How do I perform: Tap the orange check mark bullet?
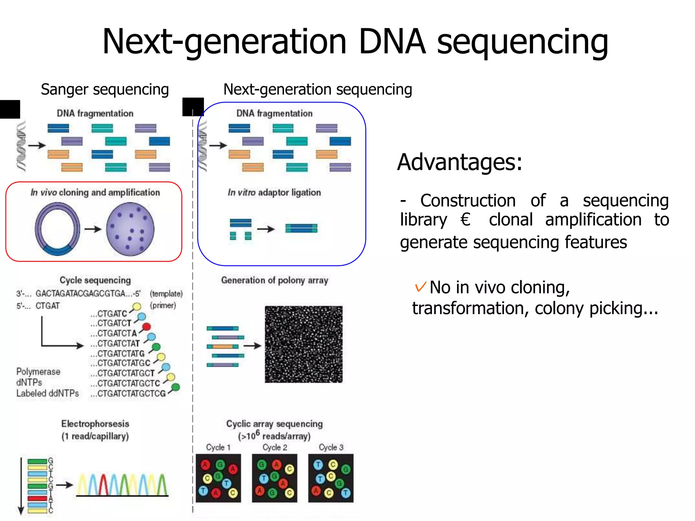click(x=420, y=287)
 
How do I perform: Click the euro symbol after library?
click(x=465, y=219)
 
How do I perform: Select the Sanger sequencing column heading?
click(x=105, y=90)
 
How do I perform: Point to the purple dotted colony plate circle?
click(x=130, y=229)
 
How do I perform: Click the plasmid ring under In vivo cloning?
click(x=57, y=229)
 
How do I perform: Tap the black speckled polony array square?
click(x=303, y=344)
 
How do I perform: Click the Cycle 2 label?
click(x=275, y=447)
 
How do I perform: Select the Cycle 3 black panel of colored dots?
click(x=331, y=478)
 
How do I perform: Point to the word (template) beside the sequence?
click(x=166, y=294)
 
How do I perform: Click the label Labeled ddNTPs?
click(x=48, y=393)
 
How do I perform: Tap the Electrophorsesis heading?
click(x=95, y=424)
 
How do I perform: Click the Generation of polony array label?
click(x=275, y=281)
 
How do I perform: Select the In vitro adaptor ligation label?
click(x=274, y=193)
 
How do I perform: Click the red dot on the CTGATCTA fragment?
click(x=146, y=327)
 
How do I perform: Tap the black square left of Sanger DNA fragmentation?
click(x=10, y=109)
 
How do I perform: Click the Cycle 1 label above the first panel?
click(x=218, y=447)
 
